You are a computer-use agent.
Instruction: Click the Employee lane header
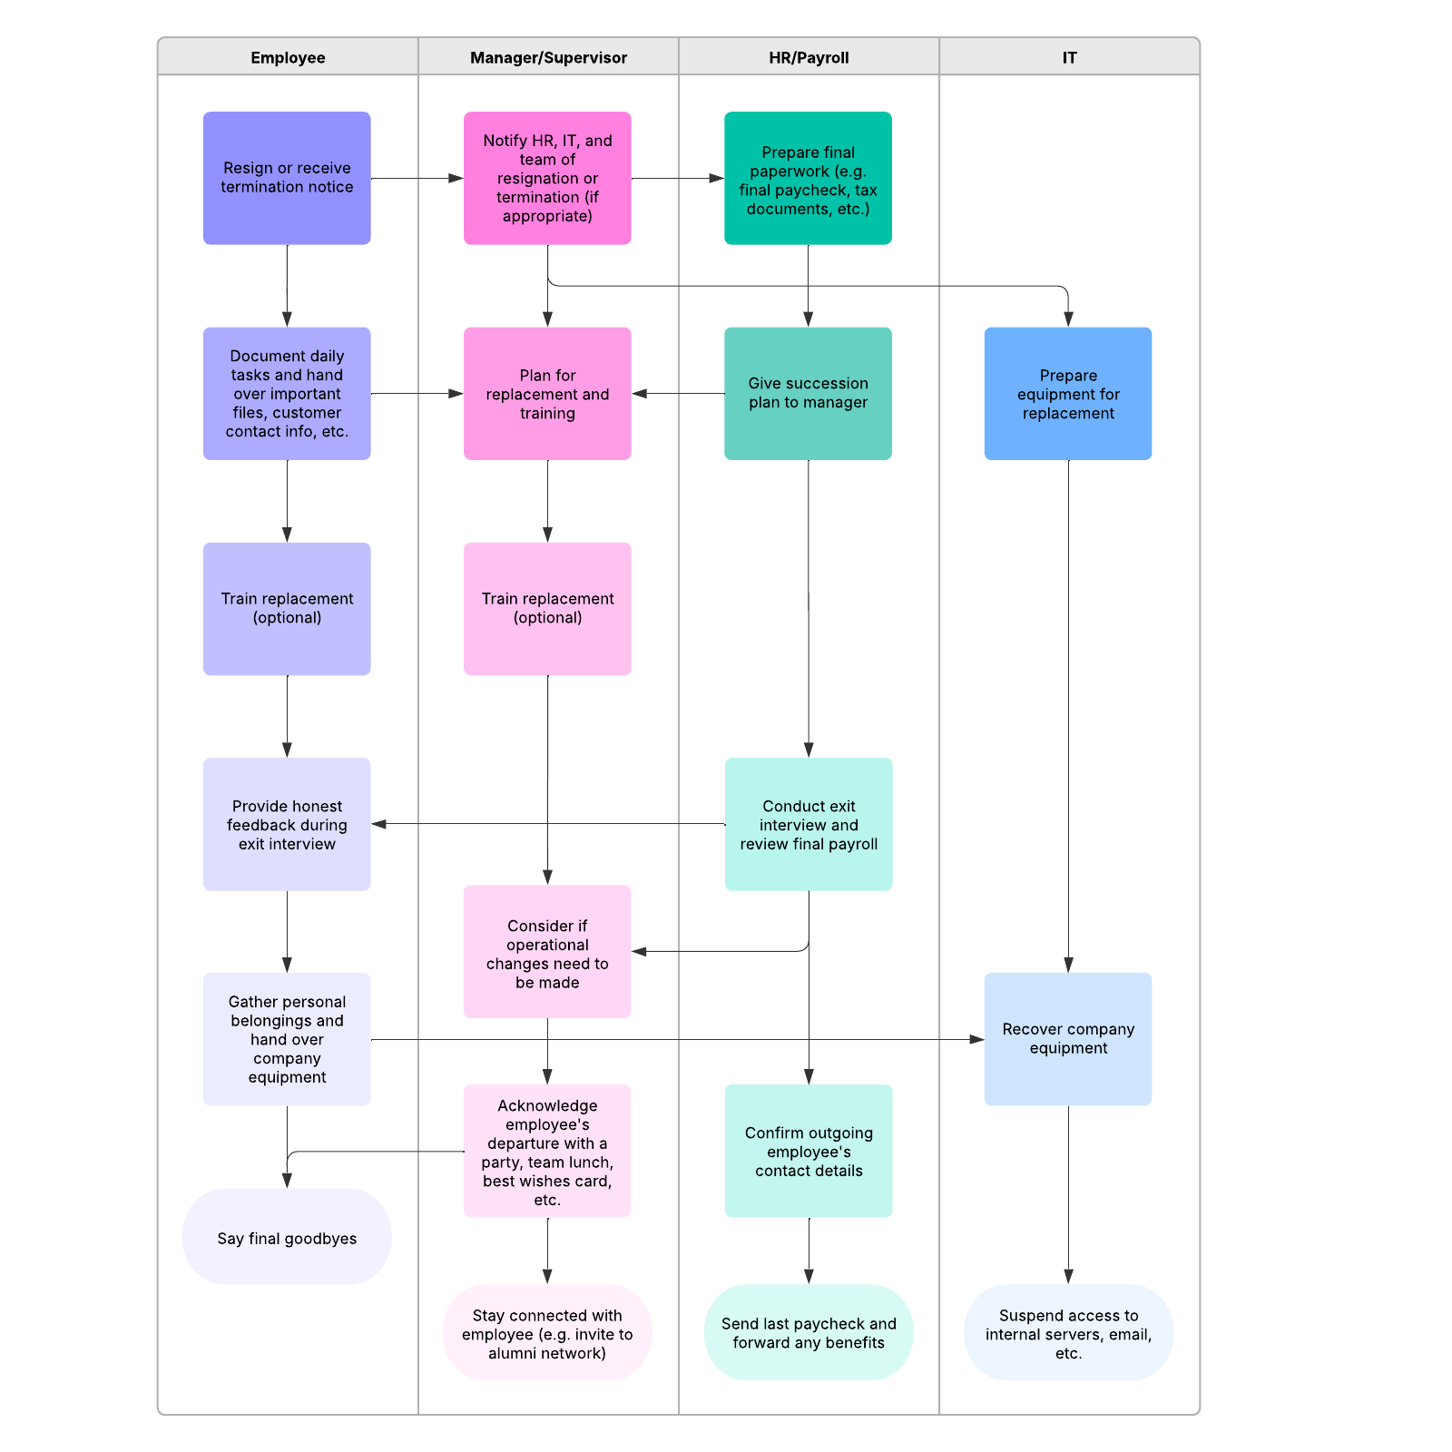(x=288, y=57)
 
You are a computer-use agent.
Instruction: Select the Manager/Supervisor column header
(x=548, y=57)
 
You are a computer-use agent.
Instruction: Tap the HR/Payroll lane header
(x=809, y=57)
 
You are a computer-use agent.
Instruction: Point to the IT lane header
(x=1069, y=57)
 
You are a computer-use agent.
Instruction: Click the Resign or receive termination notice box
(x=287, y=178)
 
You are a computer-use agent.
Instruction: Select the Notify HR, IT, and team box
(x=547, y=178)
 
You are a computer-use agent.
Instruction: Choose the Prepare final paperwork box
(x=808, y=178)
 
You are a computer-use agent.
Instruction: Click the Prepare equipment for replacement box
(x=1068, y=394)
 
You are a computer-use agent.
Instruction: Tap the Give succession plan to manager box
(x=808, y=394)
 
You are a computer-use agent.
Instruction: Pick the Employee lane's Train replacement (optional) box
(x=287, y=609)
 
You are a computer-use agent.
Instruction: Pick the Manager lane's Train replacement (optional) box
(x=547, y=609)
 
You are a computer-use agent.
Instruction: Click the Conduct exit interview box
(x=809, y=824)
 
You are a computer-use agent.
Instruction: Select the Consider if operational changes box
(x=547, y=952)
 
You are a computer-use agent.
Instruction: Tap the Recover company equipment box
(x=1068, y=1039)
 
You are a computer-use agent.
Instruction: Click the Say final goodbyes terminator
(x=287, y=1237)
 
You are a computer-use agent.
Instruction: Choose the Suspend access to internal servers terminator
(x=1068, y=1332)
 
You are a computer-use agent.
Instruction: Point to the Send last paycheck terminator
(x=809, y=1332)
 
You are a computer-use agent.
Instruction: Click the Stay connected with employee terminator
(x=547, y=1332)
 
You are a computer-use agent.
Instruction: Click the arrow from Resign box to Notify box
(x=417, y=179)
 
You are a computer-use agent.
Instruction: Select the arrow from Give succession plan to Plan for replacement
(x=678, y=394)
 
